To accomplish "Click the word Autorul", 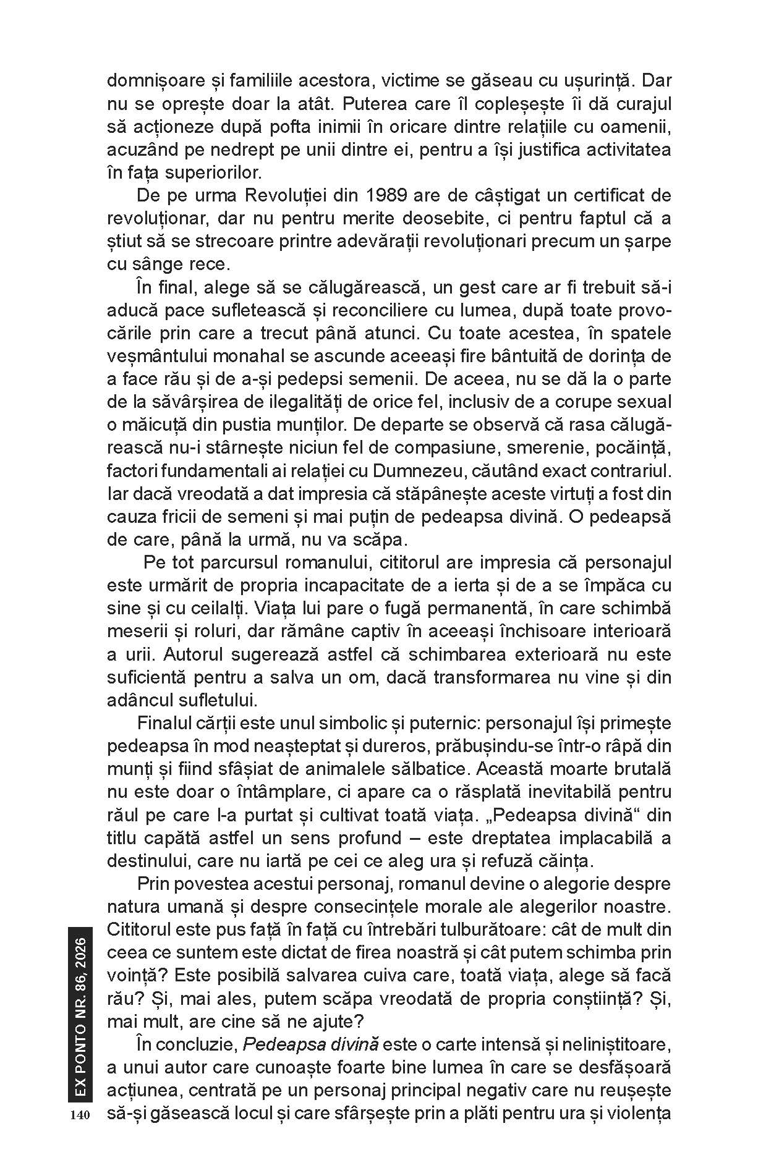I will pos(173,654).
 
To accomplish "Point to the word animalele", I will pos(470,769).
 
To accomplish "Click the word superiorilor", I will pos(202,172).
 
